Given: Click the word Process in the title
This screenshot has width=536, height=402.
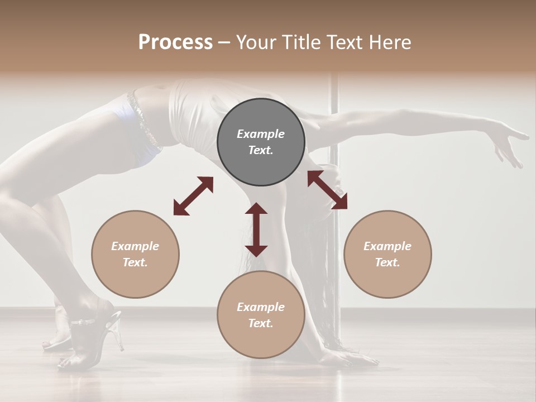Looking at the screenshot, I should tap(175, 42).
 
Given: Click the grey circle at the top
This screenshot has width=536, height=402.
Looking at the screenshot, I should tap(261, 142).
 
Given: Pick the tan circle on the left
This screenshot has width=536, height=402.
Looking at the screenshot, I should tap(135, 254).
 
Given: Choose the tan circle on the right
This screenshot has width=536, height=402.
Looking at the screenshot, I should tap(387, 254).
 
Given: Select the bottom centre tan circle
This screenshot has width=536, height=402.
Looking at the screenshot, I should tap(261, 315).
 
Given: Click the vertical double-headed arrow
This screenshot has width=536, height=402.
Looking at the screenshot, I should tap(256, 229).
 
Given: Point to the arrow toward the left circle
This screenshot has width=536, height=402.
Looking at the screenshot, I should tap(193, 196).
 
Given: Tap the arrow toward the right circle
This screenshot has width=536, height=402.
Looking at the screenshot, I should tap(327, 190).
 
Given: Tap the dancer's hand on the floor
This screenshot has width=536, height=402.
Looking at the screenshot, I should tap(352, 357).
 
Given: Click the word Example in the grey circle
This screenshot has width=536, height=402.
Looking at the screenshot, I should tap(261, 134).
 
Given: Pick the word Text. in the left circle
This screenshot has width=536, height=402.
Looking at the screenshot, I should tap(135, 262).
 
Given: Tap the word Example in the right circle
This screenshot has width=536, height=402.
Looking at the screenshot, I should tap(387, 246).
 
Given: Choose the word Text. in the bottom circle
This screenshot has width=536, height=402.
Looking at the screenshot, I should tap(261, 323).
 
